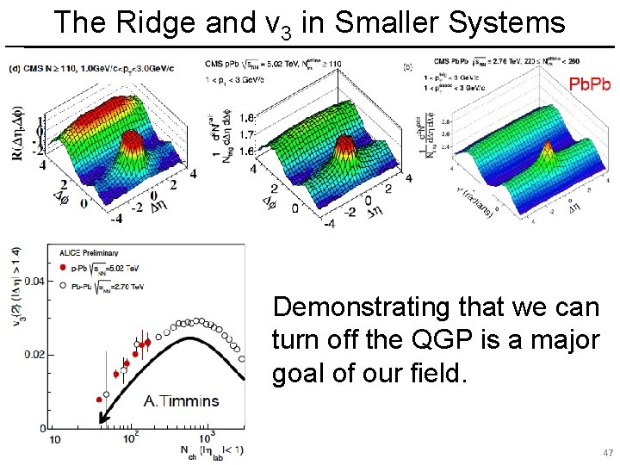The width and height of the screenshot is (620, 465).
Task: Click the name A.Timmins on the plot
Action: (x=181, y=400)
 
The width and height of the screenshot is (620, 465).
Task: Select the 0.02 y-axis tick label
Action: (x=34, y=355)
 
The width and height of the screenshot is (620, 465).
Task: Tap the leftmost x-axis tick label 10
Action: (x=53, y=438)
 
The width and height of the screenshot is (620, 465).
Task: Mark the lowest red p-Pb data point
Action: (x=100, y=400)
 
